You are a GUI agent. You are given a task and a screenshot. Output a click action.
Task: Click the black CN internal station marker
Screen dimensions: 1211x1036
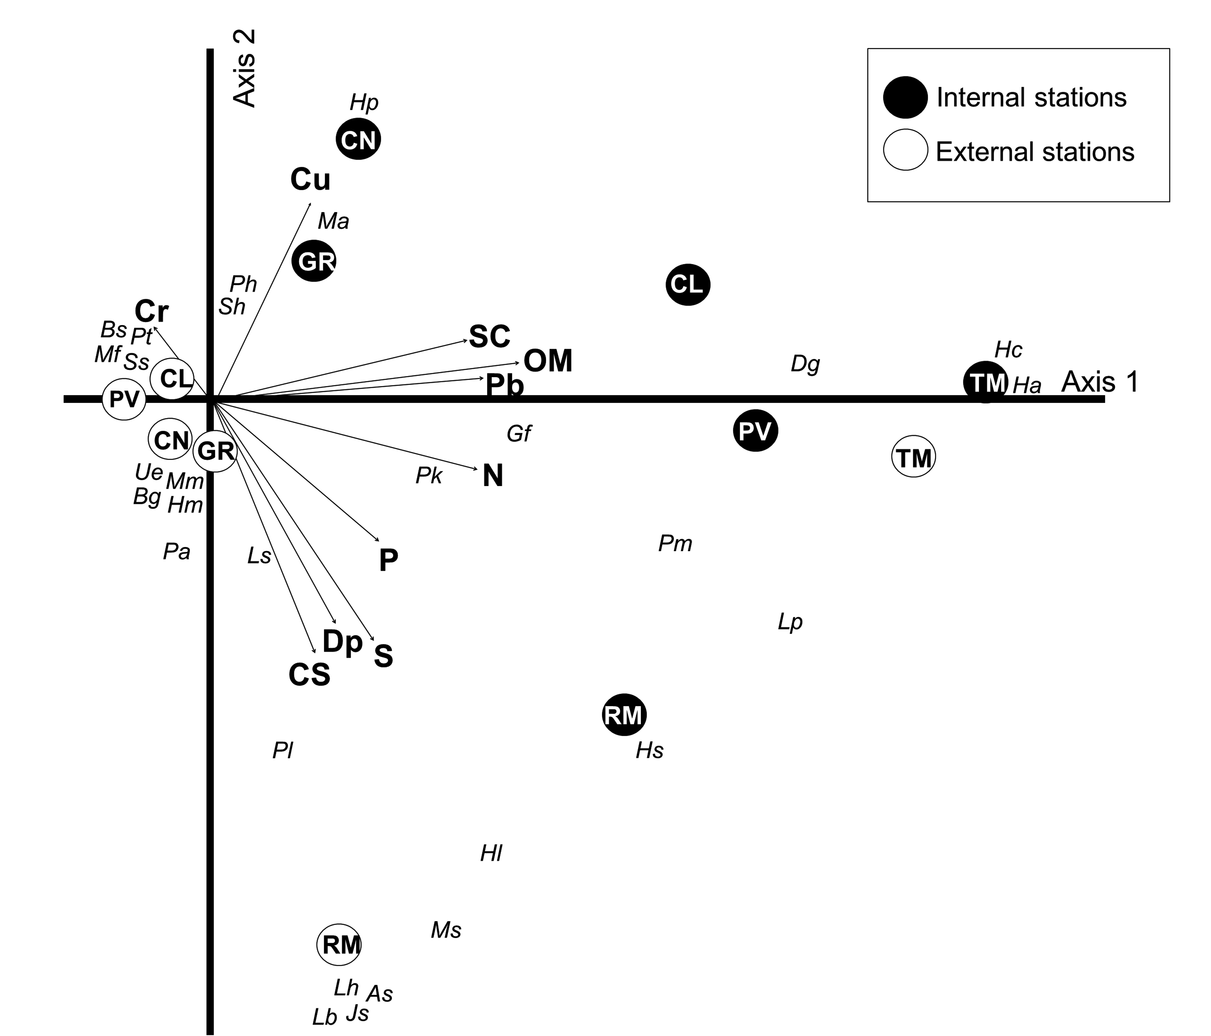pos(358,139)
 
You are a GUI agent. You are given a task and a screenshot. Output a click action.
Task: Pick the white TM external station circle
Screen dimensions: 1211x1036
pos(914,456)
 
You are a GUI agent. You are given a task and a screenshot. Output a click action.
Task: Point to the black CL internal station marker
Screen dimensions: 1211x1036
pos(688,284)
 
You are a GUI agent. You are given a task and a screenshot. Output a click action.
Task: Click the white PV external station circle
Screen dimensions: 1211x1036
pos(124,399)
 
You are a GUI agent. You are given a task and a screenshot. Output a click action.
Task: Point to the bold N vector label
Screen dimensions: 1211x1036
pos(493,476)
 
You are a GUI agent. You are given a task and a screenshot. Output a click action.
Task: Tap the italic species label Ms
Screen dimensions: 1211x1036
pos(446,930)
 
